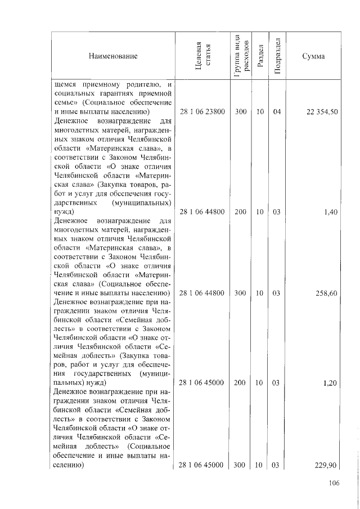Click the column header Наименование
pos(112,56)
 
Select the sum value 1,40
pos(331,213)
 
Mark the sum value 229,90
pos(326,465)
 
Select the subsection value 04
pos(276,112)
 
